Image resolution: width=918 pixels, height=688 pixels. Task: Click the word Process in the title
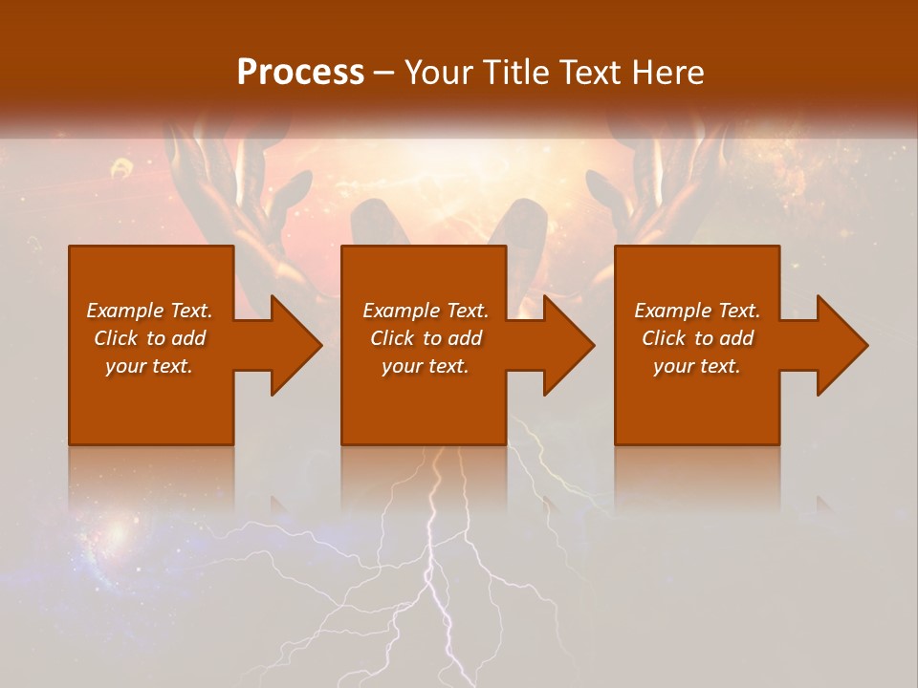tap(300, 73)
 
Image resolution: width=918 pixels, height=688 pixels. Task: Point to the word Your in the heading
tap(440, 73)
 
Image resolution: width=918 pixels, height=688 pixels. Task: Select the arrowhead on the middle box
tap(568, 345)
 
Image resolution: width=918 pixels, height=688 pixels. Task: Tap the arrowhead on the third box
tap(841, 345)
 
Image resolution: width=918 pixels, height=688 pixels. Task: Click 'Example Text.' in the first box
tap(149, 311)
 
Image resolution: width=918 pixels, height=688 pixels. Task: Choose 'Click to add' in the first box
tap(149, 338)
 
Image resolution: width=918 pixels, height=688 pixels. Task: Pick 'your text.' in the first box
tap(149, 366)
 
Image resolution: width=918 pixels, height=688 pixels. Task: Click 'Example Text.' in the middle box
tap(426, 311)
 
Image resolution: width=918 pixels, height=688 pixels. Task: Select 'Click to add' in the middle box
tap(426, 338)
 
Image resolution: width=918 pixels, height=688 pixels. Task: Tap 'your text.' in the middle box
tap(426, 366)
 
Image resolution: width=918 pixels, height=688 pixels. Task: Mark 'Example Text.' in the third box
tap(697, 311)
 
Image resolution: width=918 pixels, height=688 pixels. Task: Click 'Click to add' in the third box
tap(697, 338)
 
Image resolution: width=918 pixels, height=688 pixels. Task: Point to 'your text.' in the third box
tap(697, 366)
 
